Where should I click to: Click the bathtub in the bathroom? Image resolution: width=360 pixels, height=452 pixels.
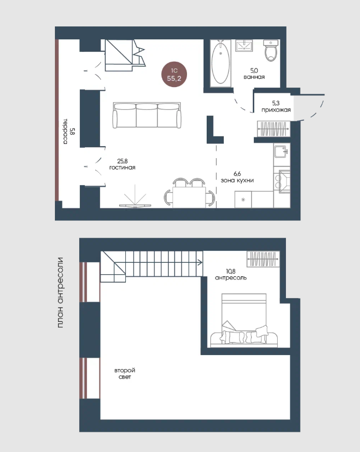[x=221, y=63]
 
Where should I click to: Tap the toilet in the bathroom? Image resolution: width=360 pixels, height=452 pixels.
[x=271, y=50]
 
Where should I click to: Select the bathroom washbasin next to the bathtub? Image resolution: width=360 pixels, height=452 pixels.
[x=244, y=46]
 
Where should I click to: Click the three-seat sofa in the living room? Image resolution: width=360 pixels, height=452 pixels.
[x=147, y=115]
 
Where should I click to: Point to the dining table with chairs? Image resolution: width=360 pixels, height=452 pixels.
[x=189, y=193]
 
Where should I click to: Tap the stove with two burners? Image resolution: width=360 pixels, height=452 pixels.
[x=282, y=180]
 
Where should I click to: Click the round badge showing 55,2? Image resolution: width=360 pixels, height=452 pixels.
[x=174, y=74]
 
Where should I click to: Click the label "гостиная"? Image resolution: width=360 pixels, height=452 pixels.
[x=122, y=167]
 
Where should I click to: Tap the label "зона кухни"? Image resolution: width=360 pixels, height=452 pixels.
[x=237, y=180]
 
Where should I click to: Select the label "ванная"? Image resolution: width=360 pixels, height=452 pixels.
[x=254, y=77]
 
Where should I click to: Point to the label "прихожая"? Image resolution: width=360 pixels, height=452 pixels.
[x=276, y=110]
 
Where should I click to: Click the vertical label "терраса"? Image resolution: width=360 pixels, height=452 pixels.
[x=65, y=131]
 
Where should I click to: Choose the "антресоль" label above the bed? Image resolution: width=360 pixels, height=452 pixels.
[x=231, y=278]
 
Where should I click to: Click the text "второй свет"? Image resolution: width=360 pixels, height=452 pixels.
[x=125, y=374]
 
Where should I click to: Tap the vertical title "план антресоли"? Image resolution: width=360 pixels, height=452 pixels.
[x=60, y=292]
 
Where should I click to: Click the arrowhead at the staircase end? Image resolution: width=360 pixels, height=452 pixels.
[x=200, y=262]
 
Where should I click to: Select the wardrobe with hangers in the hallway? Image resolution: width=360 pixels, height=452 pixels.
[x=273, y=129]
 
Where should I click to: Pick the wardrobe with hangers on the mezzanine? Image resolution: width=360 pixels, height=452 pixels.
[x=263, y=259]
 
